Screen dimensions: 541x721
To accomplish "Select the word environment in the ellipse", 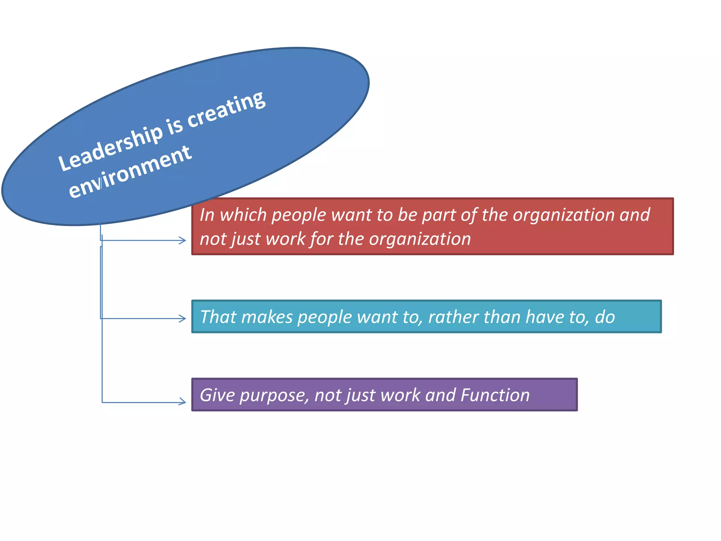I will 130,172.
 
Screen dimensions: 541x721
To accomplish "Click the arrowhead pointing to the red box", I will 183,241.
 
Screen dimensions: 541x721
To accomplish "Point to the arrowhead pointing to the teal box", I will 183,318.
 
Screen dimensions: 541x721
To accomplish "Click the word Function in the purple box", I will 495,395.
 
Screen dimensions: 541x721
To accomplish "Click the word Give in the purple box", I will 217,395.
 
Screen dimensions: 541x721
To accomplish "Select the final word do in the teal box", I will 605,317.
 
